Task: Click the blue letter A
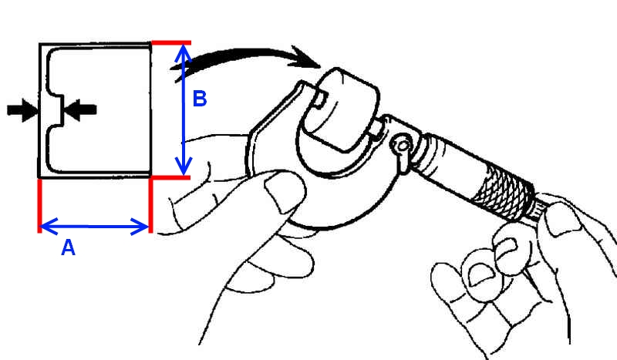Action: (x=68, y=248)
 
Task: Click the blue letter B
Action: (x=200, y=99)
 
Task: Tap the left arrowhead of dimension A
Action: (x=49, y=226)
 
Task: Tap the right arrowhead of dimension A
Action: (x=140, y=227)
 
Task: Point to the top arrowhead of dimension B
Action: (x=184, y=53)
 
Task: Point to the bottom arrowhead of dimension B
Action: (x=184, y=166)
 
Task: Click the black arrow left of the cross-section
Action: (x=22, y=110)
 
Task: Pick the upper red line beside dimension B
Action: (x=171, y=42)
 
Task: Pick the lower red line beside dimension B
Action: (x=170, y=178)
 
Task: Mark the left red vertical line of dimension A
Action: (x=39, y=206)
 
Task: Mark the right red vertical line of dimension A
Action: (x=150, y=205)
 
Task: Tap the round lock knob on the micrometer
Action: (x=402, y=146)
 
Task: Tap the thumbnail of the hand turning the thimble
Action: (x=563, y=220)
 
